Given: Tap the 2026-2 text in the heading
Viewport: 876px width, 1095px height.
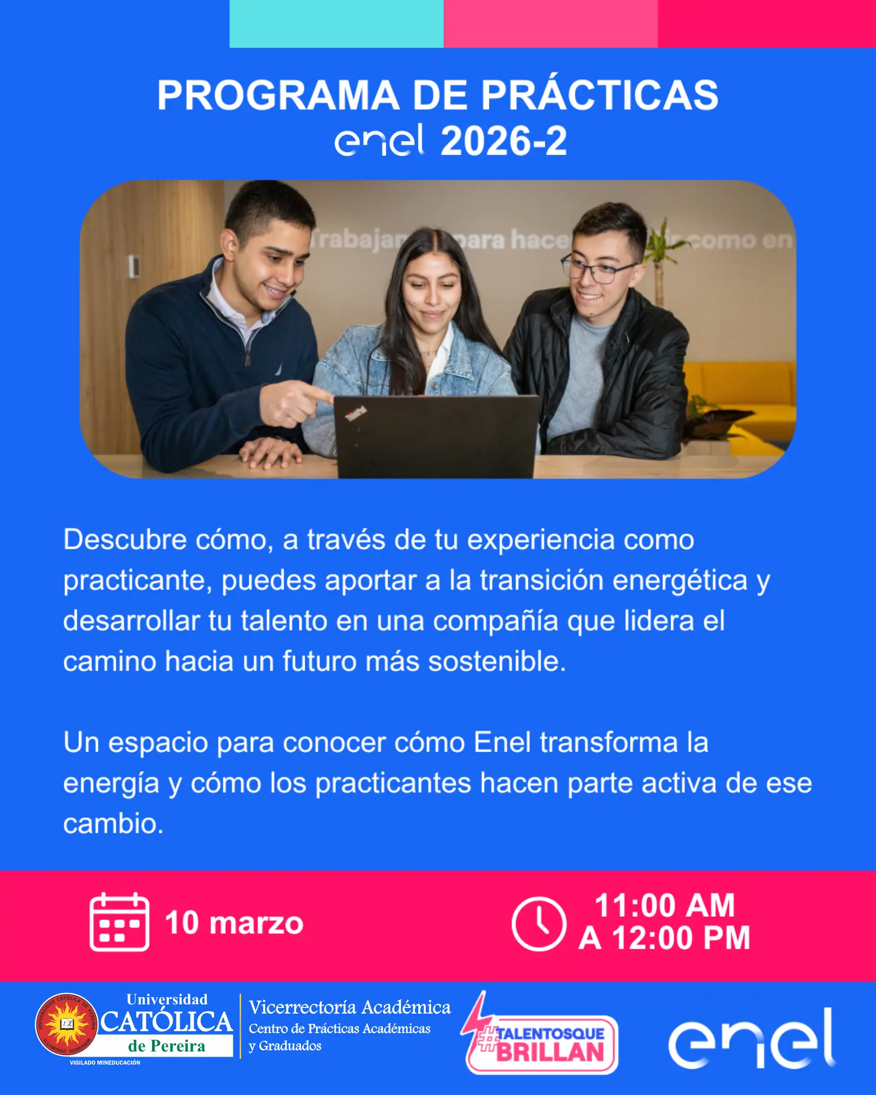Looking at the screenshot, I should click(504, 141).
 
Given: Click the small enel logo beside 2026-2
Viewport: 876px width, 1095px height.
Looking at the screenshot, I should click(379, 140).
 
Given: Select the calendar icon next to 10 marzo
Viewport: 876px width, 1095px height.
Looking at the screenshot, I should click(119, 922).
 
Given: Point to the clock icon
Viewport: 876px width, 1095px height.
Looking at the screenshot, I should click(539, 924).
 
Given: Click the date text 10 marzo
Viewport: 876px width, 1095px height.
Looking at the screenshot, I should click(234, 923).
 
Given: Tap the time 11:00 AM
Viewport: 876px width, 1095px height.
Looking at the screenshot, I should click(665, 905).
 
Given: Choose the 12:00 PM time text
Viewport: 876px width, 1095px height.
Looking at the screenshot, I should click(681, 938).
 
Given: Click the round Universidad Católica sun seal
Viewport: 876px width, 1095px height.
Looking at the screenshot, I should click(67, 1024).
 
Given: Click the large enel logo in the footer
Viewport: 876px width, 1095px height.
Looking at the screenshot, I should click(752, 1039).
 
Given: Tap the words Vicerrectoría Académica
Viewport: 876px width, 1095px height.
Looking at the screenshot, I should click(350, 1007).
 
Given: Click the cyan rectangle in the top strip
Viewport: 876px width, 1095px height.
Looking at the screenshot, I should click(336, 24).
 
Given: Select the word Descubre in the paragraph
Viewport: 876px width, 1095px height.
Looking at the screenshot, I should click(125, 540).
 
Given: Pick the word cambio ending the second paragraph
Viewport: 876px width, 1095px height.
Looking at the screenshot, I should click(113, 824).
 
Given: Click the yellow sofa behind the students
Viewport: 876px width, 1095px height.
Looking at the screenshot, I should click(742, 389).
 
